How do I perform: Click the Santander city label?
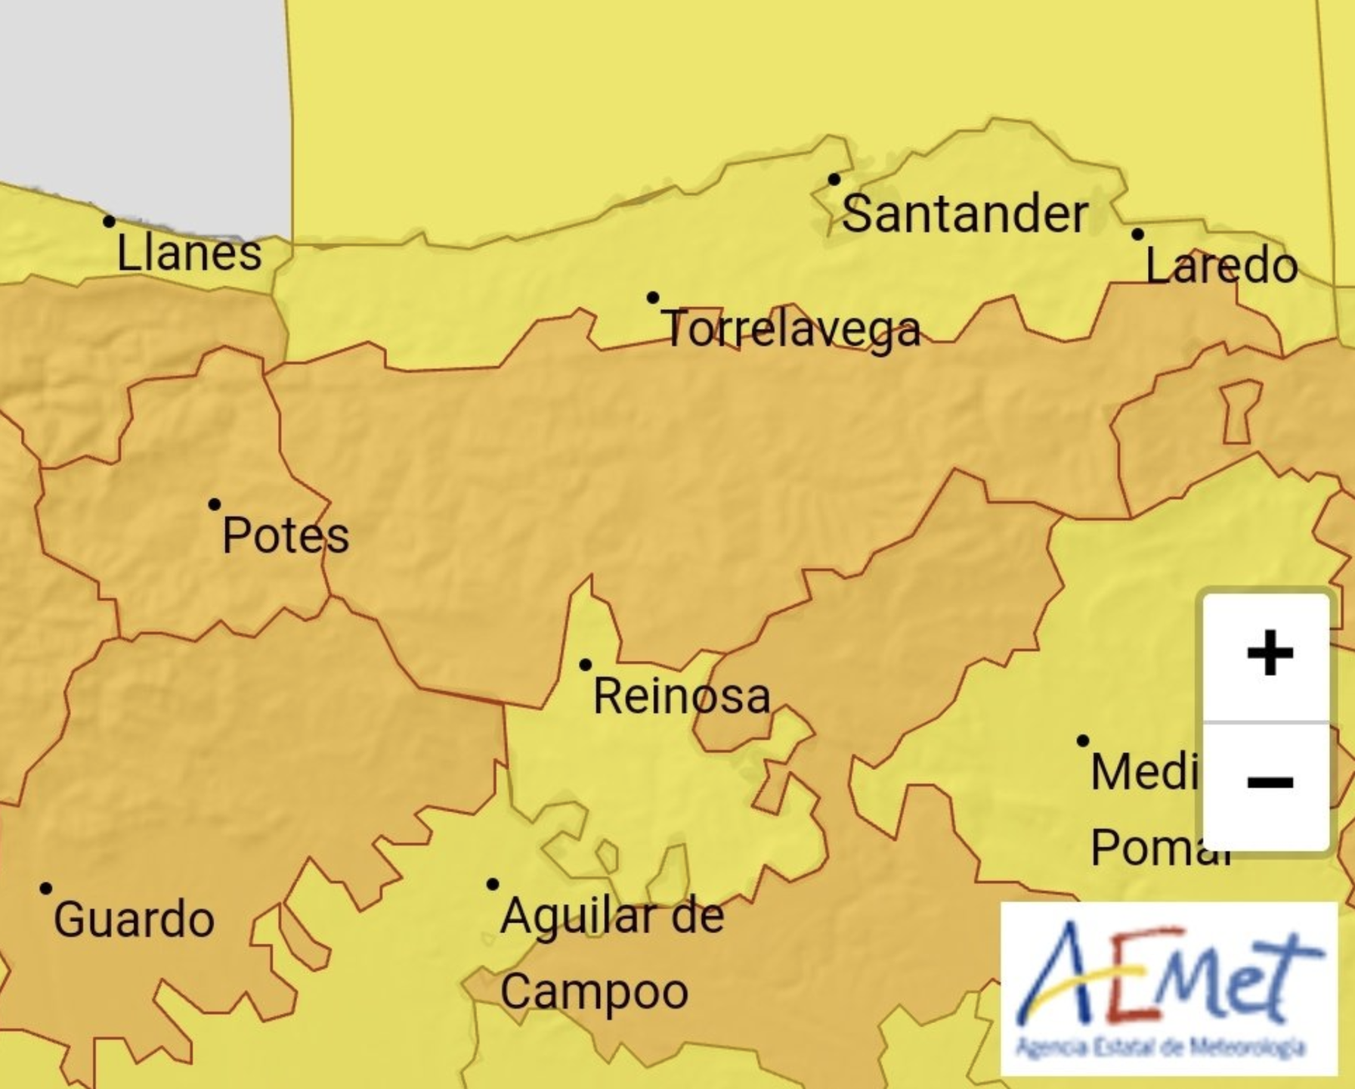click(964, 214)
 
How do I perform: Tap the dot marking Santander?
click(834, 180)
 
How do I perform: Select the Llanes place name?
click(189, 253)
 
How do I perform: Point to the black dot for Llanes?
click(110, 222)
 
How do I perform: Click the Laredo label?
click(1221, 266)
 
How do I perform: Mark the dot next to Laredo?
click(1137, 234)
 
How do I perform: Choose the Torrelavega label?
click(792, 330)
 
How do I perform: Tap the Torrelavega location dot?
click(653, 298)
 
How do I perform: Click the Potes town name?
click(286, 535)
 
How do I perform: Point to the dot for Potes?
click(215, 504)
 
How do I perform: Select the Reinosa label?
click(682, 697)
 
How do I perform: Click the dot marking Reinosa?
click(586, 665)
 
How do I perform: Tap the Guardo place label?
click(134, 920)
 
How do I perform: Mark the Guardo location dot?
click(46, 888)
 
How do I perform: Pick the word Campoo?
click(594, 991)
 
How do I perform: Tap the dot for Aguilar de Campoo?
click(493, 884)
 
